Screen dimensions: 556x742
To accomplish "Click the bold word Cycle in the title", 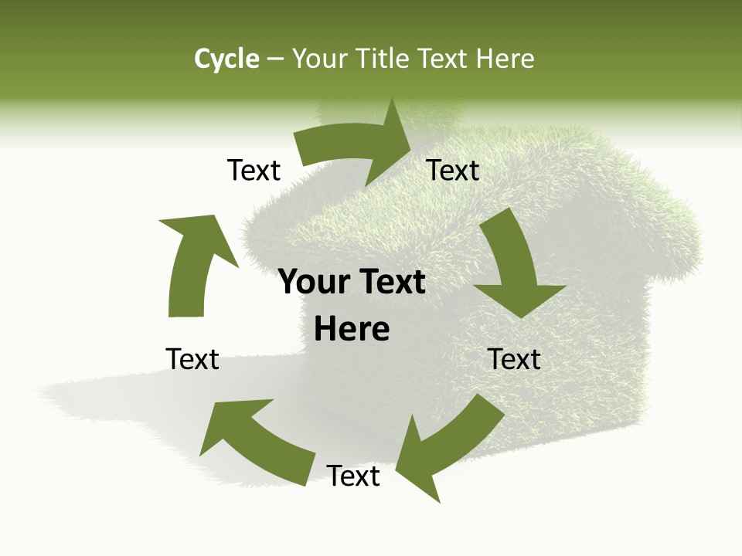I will tap(226, 59).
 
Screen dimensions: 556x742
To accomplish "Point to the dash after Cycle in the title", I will tap(275, 59).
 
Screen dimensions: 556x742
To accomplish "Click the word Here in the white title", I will tap(505, 59).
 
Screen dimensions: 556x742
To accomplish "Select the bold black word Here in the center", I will tap(352, 330).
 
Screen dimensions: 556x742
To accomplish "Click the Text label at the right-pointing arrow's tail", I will tap(254, 171).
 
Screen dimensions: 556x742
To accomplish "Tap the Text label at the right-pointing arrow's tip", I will tap(453, 171).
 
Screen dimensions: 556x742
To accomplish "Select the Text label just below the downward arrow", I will tap(515, 360).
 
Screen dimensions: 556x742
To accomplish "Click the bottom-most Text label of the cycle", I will tap(353, 476).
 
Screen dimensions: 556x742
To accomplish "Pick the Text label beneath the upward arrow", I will tap(192, 359).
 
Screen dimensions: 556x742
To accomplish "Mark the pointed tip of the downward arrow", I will tap(522, 317).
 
